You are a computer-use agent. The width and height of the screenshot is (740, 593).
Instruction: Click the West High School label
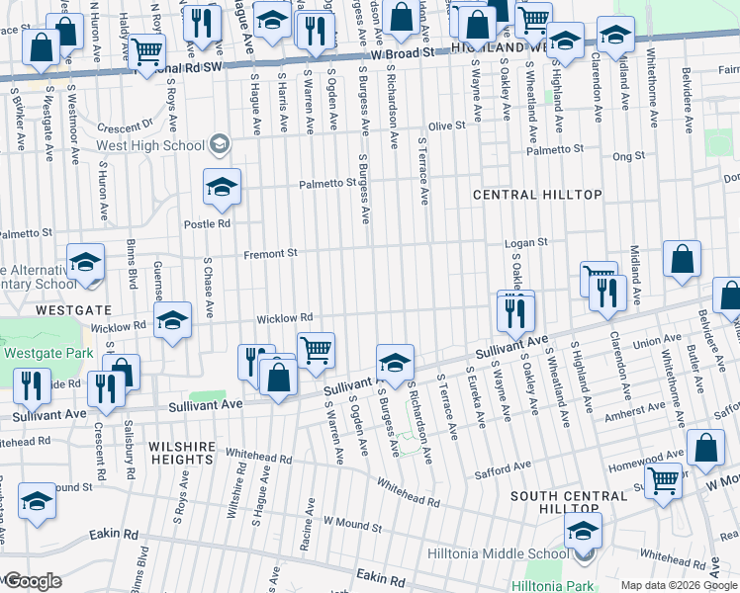[150, 145]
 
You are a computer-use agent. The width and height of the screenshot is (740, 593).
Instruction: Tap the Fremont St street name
[271, 254]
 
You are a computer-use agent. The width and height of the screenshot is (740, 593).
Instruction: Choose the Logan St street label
[526, 242]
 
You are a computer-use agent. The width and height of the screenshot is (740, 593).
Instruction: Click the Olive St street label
[445, 127]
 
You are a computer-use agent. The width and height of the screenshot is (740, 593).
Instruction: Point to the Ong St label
[627, 156]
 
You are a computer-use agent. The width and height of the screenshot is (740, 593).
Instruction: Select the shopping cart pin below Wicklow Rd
[316, 350]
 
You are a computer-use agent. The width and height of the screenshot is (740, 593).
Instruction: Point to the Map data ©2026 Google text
[679, 585]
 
